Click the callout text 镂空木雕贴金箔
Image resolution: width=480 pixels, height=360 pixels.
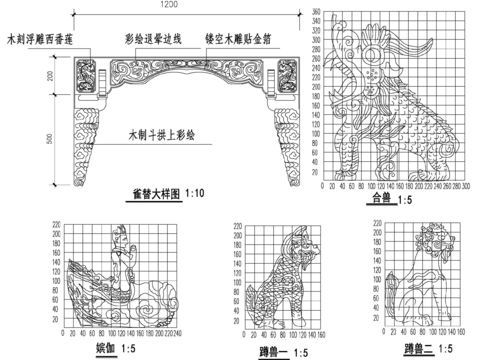point(242,41)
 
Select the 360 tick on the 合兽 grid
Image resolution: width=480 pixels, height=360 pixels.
point(316,12)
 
